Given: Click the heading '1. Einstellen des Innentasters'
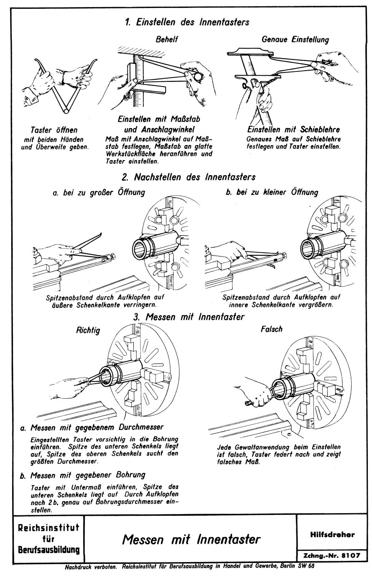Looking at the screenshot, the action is [187, 22].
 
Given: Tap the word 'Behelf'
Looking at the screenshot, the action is [167, 39].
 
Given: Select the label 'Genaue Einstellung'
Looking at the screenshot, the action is [296, 39].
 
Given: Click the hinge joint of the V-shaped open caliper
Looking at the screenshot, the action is [67, 111].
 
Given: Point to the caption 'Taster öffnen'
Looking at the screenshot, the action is [54, 130].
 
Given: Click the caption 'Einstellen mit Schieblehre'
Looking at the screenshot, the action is [293, 129].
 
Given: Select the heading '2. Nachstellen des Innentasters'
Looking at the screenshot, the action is [189, 177].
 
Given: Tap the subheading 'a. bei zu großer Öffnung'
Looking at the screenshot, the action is [99, 193].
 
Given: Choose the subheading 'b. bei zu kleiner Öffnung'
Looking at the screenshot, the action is [272, 192].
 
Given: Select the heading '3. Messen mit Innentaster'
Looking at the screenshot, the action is [189, 317].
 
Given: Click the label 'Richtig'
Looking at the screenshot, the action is [88, 331].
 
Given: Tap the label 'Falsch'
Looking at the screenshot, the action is [272, 329].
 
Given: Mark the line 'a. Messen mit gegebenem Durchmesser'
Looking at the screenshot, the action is [92, 428].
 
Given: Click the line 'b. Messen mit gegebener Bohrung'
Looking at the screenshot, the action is [83, 475].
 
